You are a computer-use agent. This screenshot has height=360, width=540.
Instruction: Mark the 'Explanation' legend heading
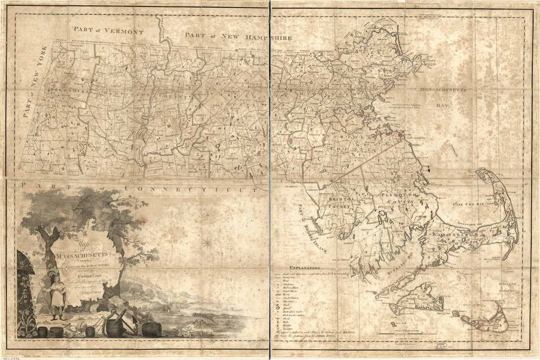305,268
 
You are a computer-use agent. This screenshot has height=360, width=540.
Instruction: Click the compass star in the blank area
208,241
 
